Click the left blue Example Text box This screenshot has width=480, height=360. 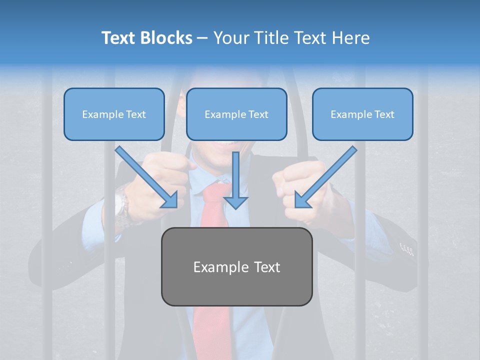click(114, 114)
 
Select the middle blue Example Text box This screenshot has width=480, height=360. click(236, 114)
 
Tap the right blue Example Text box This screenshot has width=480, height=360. click(362, 114)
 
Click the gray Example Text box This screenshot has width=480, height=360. click(236, 266)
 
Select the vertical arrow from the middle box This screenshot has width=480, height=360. click(235, 180)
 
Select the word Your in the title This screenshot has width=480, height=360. click(228, 38)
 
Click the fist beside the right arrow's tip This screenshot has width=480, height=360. click(300, 190)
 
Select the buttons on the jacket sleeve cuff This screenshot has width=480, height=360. click(407, 248)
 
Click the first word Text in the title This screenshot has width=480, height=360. click(118, 38)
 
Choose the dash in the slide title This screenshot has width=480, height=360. click(202, 38)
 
